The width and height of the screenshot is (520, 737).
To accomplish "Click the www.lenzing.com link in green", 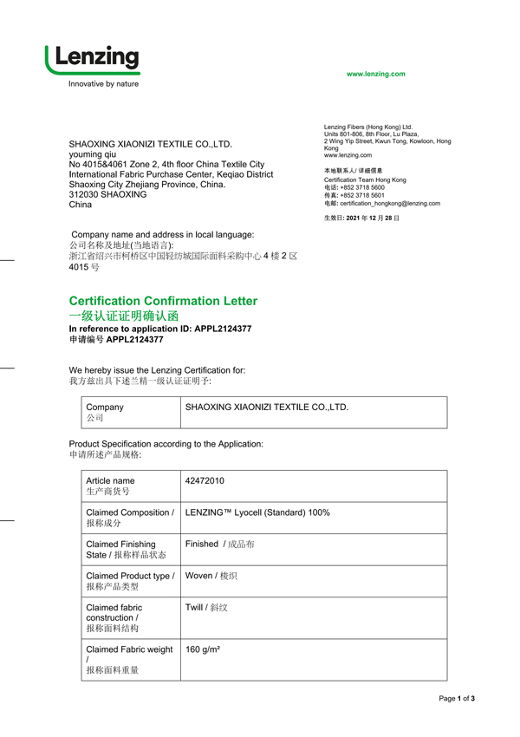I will click(375, 75).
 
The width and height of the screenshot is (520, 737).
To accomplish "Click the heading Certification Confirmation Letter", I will click(163, 301).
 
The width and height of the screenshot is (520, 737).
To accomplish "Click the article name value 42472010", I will click(205, 480).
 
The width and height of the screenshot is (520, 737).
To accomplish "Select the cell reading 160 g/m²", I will click(202, 649).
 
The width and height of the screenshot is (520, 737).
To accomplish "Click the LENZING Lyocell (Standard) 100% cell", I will click(257, 512).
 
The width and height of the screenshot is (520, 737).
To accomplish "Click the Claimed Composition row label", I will click(129, 518).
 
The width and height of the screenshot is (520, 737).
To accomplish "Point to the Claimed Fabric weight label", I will click(129, 649).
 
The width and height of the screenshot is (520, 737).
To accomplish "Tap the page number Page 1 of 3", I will click(457, 699).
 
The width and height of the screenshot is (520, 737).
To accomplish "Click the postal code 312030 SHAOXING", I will click(107, 194).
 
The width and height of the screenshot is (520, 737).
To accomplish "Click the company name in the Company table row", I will click(267, 407).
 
